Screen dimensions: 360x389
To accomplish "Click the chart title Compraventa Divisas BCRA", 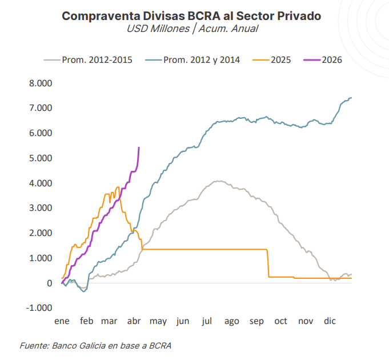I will [191, 16].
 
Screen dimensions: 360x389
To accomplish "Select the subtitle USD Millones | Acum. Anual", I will [192, 29].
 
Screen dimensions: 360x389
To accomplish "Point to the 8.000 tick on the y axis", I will [41, 83].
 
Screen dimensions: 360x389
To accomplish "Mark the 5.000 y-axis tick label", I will [41, 158].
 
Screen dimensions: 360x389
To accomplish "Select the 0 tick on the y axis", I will [50, 283].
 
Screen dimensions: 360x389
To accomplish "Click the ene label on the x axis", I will [62, 321].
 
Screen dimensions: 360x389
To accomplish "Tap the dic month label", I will [330, 321].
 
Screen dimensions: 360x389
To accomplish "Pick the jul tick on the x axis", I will [207, 321].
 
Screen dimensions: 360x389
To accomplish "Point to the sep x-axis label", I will [256, 321].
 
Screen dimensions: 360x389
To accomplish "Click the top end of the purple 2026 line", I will [139, 147].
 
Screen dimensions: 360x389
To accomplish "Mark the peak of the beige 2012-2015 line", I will [218, 181].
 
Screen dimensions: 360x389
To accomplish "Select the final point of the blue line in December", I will [351, 98].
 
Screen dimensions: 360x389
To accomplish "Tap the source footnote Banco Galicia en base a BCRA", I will [95, 346].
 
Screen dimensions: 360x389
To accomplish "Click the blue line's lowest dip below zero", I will [84, 291].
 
